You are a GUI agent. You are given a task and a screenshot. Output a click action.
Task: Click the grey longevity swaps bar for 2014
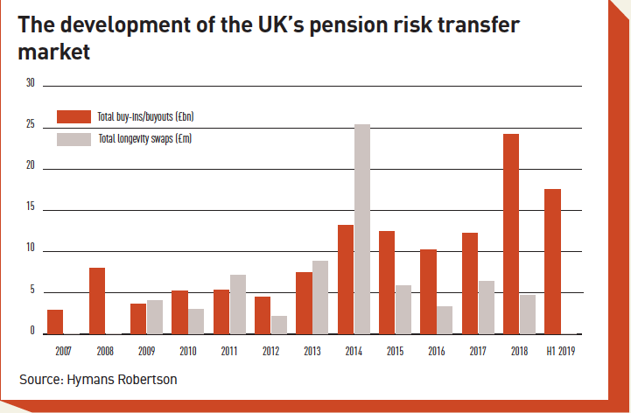pos(362,229)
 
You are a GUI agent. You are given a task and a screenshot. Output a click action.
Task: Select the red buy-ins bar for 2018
pos(510,234)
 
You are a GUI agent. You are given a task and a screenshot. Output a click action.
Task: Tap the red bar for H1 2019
pos(552,262)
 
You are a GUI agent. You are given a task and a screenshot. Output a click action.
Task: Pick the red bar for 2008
pos(97,301)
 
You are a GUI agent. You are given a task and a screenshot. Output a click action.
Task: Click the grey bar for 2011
pos(238,304)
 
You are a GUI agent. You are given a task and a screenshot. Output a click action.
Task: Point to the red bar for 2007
pos(55,321)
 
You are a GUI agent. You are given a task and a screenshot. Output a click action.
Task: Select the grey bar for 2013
pos(320,297)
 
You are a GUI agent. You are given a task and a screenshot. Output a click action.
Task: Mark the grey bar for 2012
pos(279,325)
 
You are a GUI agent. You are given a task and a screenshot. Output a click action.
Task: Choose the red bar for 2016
pos(428,291)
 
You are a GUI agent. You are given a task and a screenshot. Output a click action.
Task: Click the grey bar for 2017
pos(486,307)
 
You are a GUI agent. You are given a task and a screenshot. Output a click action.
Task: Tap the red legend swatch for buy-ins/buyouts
pos(74,116)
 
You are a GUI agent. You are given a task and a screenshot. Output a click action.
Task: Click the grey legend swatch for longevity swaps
pos(74,138)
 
